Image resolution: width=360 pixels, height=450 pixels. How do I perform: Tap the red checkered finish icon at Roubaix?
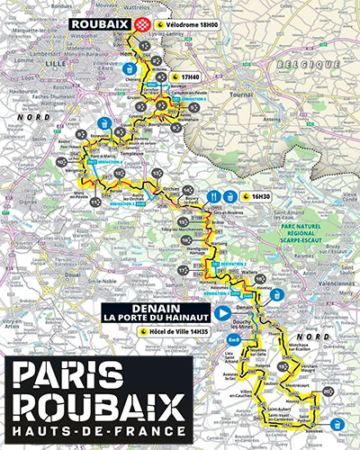coord(139,26)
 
